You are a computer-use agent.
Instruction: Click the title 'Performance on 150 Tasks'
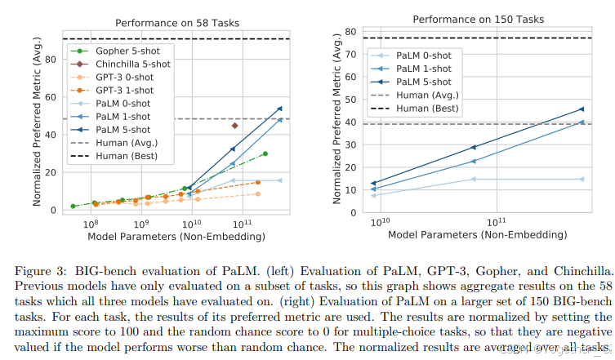click(477, 19)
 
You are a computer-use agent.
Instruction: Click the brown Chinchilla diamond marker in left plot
click(234, 126)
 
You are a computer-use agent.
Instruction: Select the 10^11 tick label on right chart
click(496, 222)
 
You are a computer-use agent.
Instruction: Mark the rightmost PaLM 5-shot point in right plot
click(582, 109)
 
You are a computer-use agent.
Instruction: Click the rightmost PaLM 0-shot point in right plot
click(582, 179)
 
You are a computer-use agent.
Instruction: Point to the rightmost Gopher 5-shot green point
click(265, 153)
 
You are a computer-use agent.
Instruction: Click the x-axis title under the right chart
click(477, 234)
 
